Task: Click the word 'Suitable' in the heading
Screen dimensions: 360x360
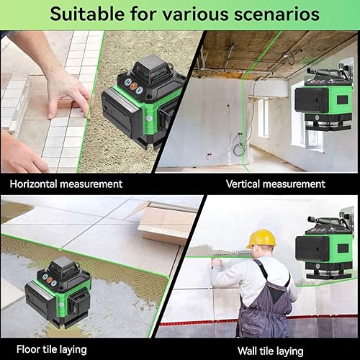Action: click(x=88, y=14)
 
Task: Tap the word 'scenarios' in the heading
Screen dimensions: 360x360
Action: click(x=276, y=14)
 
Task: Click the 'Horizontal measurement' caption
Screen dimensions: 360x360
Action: click(x=66, y=184)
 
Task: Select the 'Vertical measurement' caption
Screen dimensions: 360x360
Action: click(x=276, y=184)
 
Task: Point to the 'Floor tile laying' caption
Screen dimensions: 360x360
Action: click(x=52, y=349)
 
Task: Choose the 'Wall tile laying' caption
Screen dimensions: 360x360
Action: click(x=271, y=351)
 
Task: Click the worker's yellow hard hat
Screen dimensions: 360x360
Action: click(x=261, y=238)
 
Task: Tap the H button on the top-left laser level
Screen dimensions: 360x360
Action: click(x=128, y=81)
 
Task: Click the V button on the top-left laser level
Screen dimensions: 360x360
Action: click(x=139, y=91)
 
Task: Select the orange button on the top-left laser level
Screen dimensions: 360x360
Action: click(x=134, y=86)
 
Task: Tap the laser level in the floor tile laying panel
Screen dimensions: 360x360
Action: click(x=58, y=291)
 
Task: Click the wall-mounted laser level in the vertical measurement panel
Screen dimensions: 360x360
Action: click(x=325, y=96)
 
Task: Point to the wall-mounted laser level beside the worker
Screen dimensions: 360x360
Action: click(x=325, y=245)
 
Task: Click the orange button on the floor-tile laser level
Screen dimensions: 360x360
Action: click(x=49, y=280)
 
